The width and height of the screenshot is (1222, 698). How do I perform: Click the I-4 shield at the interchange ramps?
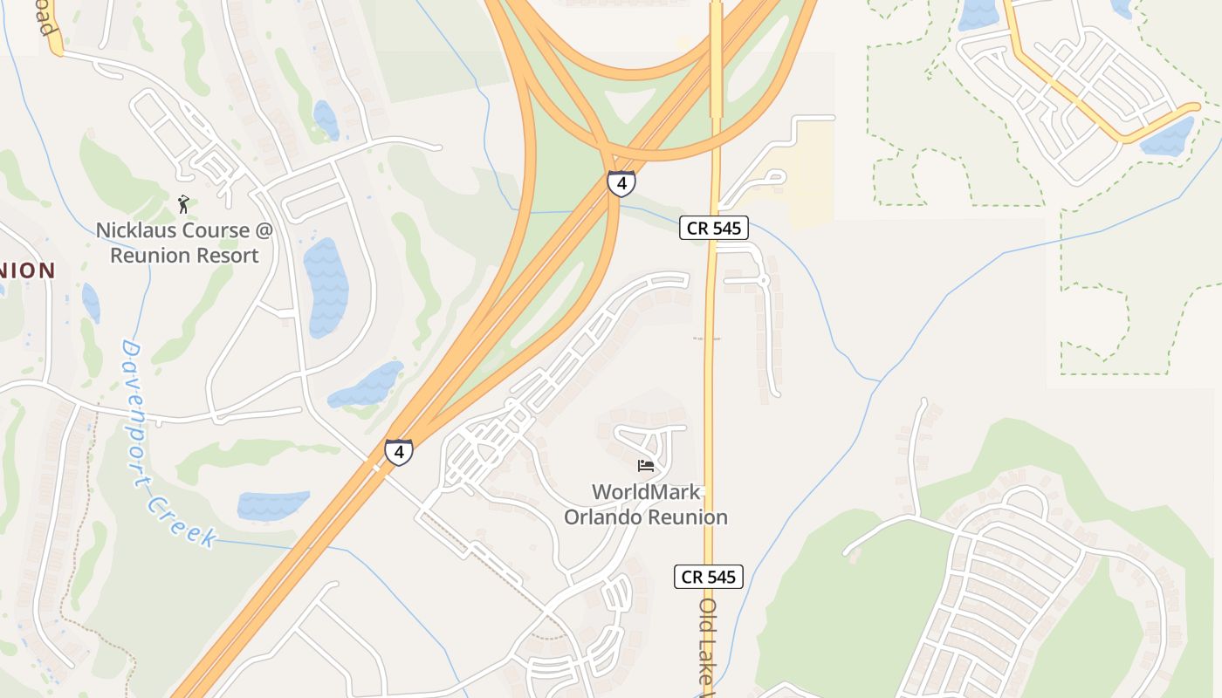coord(621,184)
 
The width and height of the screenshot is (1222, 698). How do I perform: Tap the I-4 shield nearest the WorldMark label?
coord(399,452)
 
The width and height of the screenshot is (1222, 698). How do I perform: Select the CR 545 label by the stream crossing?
coord(714,229)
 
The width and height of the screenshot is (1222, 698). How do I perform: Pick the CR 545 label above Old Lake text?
coord(708,577)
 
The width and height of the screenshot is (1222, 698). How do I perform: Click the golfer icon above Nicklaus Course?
coord(183,204)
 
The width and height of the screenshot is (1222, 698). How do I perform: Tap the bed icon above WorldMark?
coord(646,466)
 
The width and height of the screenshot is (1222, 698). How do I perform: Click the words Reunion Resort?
coord(184,256)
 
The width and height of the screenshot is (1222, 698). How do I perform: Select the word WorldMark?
coord(646,492)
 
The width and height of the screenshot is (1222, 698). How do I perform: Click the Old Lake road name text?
coord(708,646)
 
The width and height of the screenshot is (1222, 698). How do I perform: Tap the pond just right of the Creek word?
coord(272,506)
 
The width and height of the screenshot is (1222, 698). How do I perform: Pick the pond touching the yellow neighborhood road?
coord(1166,138)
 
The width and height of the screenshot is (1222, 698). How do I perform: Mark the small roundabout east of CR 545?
coord(763,281)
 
